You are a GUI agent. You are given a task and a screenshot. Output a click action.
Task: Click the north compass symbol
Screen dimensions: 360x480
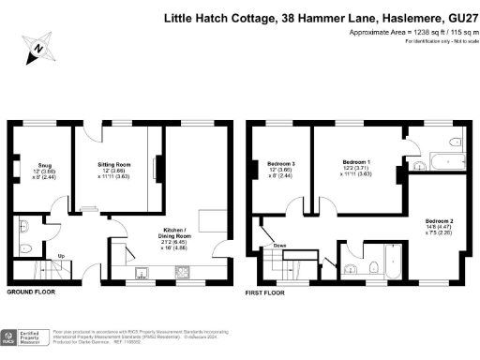37,46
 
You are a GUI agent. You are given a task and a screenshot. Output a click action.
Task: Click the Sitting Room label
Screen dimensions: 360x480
113,164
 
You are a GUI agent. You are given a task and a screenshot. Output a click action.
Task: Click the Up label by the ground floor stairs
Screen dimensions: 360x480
36,255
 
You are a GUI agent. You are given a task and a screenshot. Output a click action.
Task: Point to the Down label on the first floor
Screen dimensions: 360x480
279,246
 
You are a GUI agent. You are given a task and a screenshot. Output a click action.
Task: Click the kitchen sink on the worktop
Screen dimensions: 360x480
143,274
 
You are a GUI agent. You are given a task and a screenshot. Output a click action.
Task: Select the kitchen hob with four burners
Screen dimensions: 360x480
184,274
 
